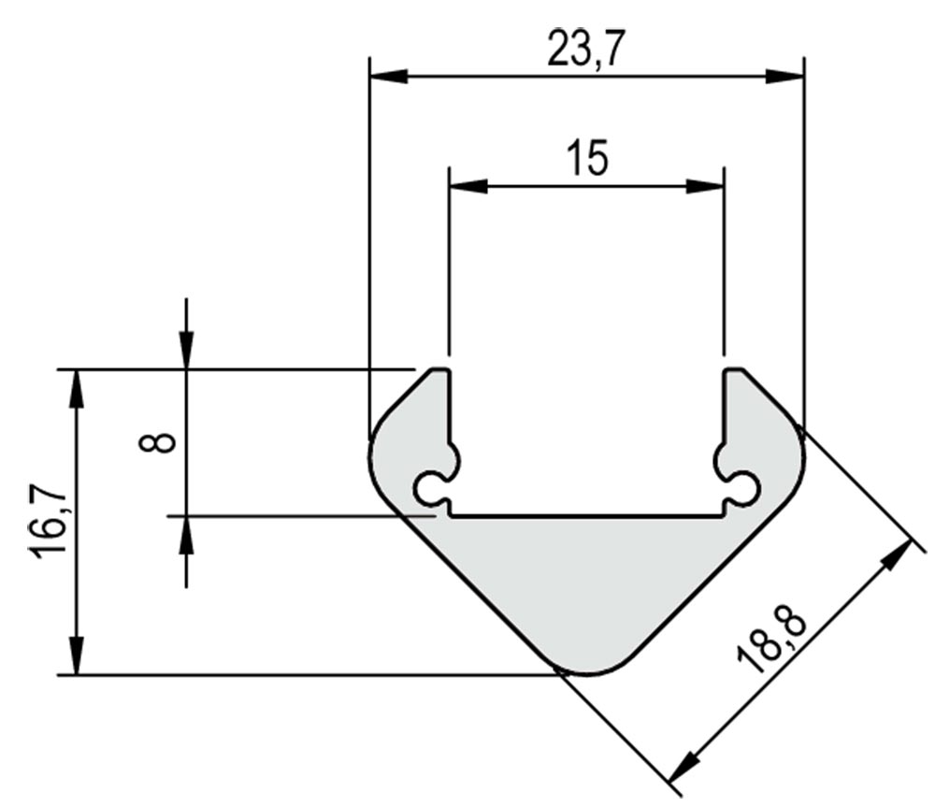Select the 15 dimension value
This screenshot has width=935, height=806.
pyautogui.click(x=588, y=158)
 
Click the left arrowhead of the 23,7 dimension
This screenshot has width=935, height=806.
pyautogui.click(x=389, y=77)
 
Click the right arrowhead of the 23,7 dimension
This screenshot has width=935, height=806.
pyautogui.click(x=784, y=77)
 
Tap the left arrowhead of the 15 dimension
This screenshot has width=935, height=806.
pyautogui.click(x=468, y=186)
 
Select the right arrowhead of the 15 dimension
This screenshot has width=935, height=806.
pyautogui.click(x=705, y=186)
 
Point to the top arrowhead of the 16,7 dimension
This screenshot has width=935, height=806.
pyautogui.click(x=77, y=389)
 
